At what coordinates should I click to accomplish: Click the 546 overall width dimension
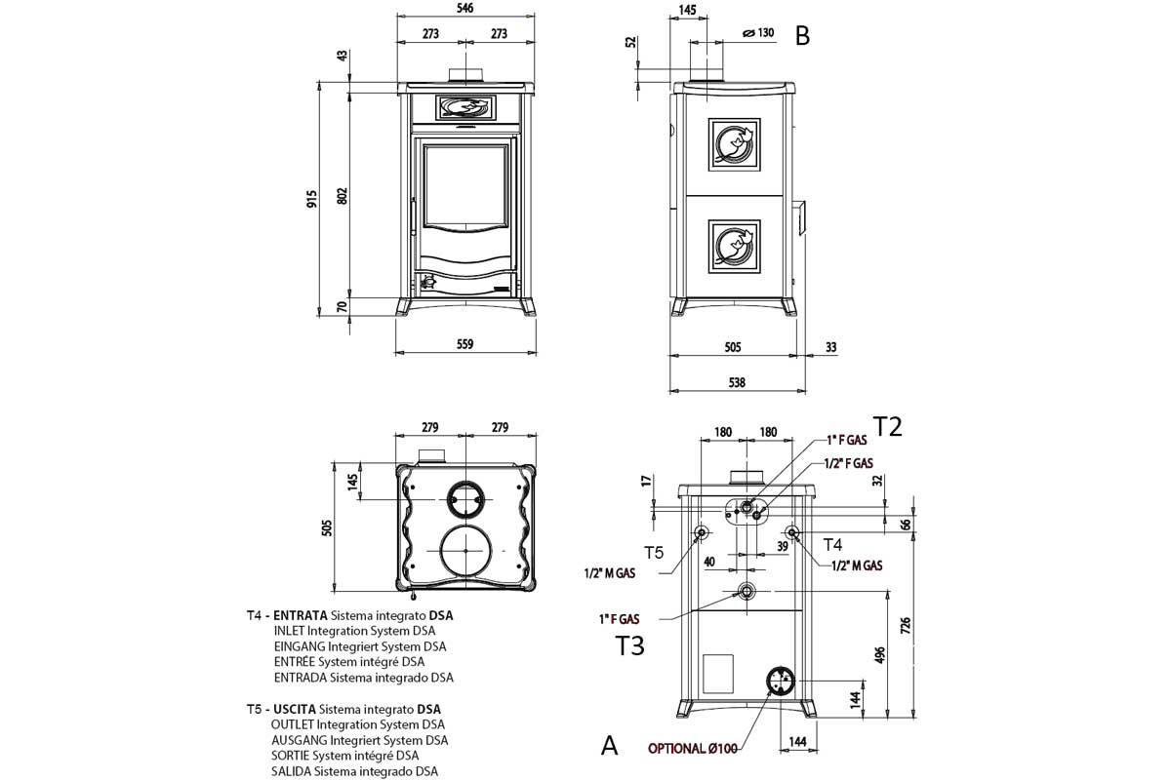pyautogui.click(x=465, y=9)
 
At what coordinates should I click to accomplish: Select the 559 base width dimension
pyautogui.click(x=465, y=343)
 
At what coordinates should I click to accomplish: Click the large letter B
pyautogui.click(x=802, y=36)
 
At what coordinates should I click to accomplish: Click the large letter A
pyautogui.click(x=609, y=746)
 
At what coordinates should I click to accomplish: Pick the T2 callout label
pyautogui.click(x=887, y=426)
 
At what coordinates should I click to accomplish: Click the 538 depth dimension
pyautogui.click(x=737, y=383)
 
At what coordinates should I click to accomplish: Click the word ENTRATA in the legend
pyautogui.click(x=301, y=616)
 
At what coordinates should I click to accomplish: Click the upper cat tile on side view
pyautogui.click(x=733, y=145)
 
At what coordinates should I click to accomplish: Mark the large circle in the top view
pyautogui.click(x=465, y=553)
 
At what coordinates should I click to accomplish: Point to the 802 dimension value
pyautogui.click(x=343, y=195)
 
